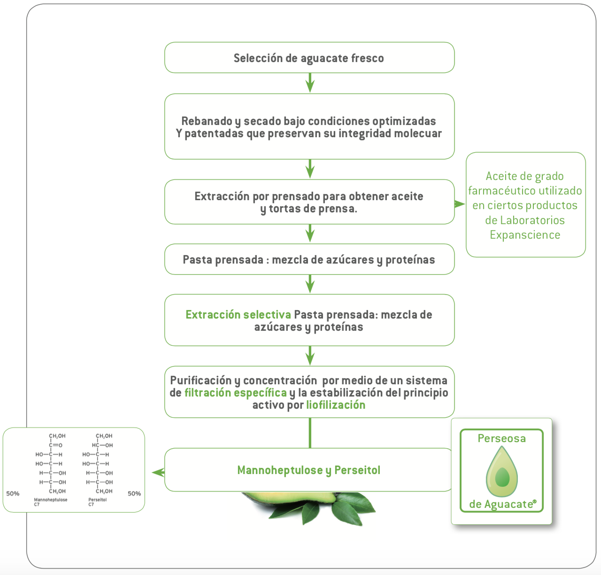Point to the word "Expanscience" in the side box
(x=525, y=235)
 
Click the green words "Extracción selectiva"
(x=238, y=315)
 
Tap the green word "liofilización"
(x=336, y=405)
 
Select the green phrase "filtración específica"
(x=235, y=393)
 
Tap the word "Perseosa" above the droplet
(x=501, y=438)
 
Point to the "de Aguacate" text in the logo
(x=501, y=505)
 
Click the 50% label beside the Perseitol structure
(x=134, y=494)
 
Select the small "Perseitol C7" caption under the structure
(x=97, y=502)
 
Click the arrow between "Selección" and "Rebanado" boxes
(x=310, y=84)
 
